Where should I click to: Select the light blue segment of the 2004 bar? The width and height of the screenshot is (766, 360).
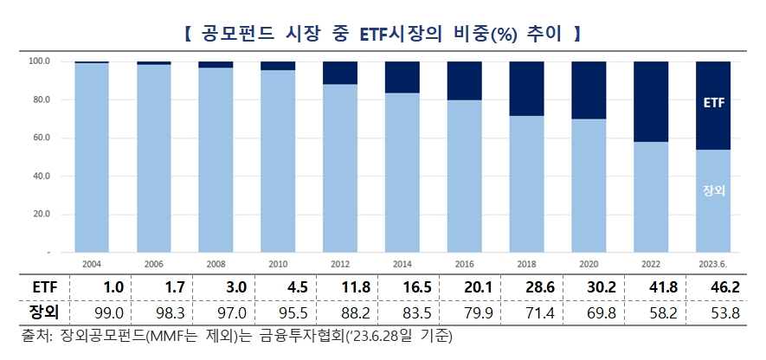click(91, 157)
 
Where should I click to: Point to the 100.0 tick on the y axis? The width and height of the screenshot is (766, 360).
click(41, 61)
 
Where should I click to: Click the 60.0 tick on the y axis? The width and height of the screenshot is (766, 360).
click(41, 138)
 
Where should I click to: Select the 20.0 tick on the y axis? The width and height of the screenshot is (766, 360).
click(41, 214)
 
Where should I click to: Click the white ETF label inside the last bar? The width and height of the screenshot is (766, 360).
click(713, 104)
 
